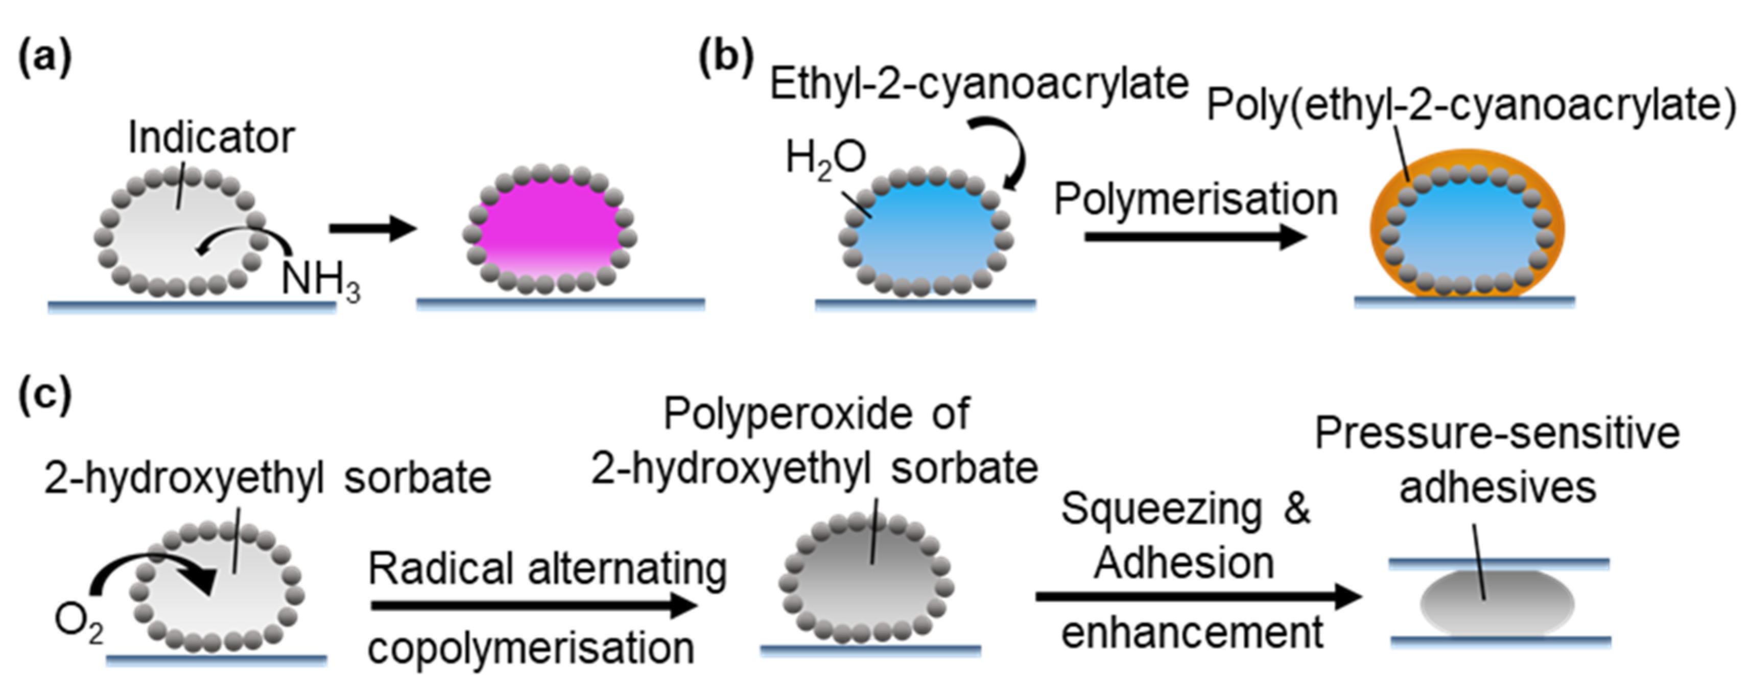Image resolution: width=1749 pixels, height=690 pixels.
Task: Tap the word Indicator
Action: (x=211, y=138)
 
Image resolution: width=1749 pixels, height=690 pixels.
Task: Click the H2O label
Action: (x=825, y=159)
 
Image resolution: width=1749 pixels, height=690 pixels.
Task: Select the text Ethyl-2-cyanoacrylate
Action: (x=978, y=84)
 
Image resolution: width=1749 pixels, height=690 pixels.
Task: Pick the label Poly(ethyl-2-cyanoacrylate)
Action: (x=1471, y=106)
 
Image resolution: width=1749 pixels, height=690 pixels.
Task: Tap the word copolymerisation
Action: (x=531, y=648)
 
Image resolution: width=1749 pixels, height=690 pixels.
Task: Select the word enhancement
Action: (x=1192, y=633)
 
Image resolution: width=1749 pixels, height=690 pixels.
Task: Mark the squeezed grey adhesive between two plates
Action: (x=1498, y=603)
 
